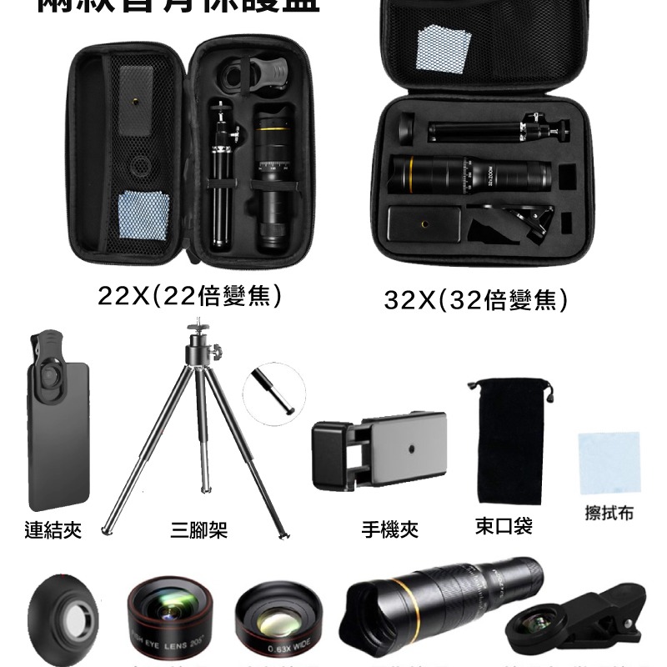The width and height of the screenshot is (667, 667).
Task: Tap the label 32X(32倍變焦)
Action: coord(475,298)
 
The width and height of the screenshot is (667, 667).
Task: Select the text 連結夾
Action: coord(53,530)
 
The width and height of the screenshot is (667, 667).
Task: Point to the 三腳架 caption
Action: coord(199,530)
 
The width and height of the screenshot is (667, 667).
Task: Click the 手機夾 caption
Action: coord(389,529)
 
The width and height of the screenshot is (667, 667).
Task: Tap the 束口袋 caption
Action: coord(504,526)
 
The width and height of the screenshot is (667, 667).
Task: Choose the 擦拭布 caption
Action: coord(609,513)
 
